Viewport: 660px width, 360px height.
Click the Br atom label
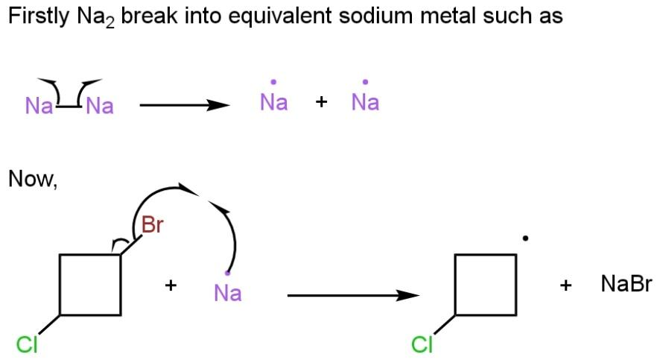[152, 224]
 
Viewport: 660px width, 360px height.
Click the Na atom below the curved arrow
[227, 293]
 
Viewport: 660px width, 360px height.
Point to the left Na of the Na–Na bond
[39, 107]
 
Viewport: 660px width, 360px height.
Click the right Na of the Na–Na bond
[99, 107]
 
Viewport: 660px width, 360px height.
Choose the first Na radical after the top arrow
[273, 103]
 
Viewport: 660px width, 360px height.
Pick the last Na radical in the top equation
[365, 103]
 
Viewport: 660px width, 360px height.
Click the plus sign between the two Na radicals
[321, 103]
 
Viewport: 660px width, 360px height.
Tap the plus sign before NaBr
[566, 285]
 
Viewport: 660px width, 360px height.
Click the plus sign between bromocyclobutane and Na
[171, 285]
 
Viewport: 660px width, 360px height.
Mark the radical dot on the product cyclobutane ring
[526, 239]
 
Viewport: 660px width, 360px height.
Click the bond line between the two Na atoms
[69, 107]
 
